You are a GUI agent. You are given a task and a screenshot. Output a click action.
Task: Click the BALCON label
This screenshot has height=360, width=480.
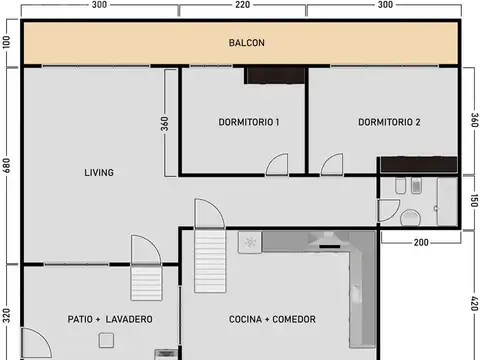pyautogui.click(x=246, y=43)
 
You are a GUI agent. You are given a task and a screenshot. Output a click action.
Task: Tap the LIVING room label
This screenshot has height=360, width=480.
pyautogui.click(x=99, y=172)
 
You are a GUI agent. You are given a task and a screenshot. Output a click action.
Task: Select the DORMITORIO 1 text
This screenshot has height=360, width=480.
pyautogui.click(x=248, y=122)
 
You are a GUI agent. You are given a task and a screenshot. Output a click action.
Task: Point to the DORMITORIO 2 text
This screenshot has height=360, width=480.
pyautogui.click(x=389, y=122)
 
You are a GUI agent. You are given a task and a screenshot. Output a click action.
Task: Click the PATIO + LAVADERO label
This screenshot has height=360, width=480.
pyautogui.click(x=110, y=319)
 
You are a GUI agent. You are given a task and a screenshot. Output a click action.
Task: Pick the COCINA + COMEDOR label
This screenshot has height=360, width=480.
pyautogui.click(x=272, y=319)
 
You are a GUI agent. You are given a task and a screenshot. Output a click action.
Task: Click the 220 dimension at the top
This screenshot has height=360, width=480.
pyautogui.click(x=243, y=5)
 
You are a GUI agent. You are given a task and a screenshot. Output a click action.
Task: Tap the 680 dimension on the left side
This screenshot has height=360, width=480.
pyautogui.click(x=7, y=166)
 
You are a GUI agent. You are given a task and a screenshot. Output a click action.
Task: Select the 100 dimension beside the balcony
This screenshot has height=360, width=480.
pyautogui.click(x=7, y=43)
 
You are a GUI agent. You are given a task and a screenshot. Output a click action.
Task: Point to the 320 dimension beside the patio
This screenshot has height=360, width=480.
pyautogui.click(x=7, y=316)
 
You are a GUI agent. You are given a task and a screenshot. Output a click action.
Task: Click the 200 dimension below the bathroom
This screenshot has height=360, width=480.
pyautogui.click(x=419, y=243)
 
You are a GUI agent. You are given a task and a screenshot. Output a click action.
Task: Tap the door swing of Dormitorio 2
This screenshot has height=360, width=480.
pyautogui.click(x=333, y=164)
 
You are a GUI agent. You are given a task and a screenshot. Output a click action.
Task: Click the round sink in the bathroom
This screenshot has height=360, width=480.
pyautogui.click(x=410, y=219)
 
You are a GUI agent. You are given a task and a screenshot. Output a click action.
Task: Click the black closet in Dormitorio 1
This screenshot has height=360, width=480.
pyautogui.click(x=274, y=75)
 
